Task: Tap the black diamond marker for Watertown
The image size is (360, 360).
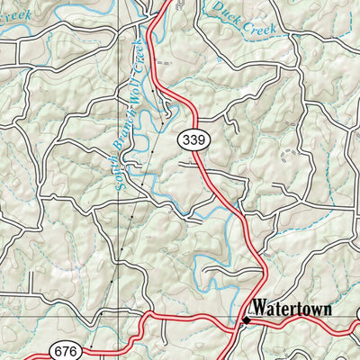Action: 246,319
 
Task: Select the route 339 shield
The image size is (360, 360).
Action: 192,139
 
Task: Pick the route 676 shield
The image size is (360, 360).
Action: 67,350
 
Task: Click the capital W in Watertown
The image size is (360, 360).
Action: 259,309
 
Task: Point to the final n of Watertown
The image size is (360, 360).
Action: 327,309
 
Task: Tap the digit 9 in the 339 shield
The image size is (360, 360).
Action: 199,139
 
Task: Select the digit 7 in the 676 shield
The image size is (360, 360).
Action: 67,350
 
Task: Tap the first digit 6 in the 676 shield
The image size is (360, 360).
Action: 60,350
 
